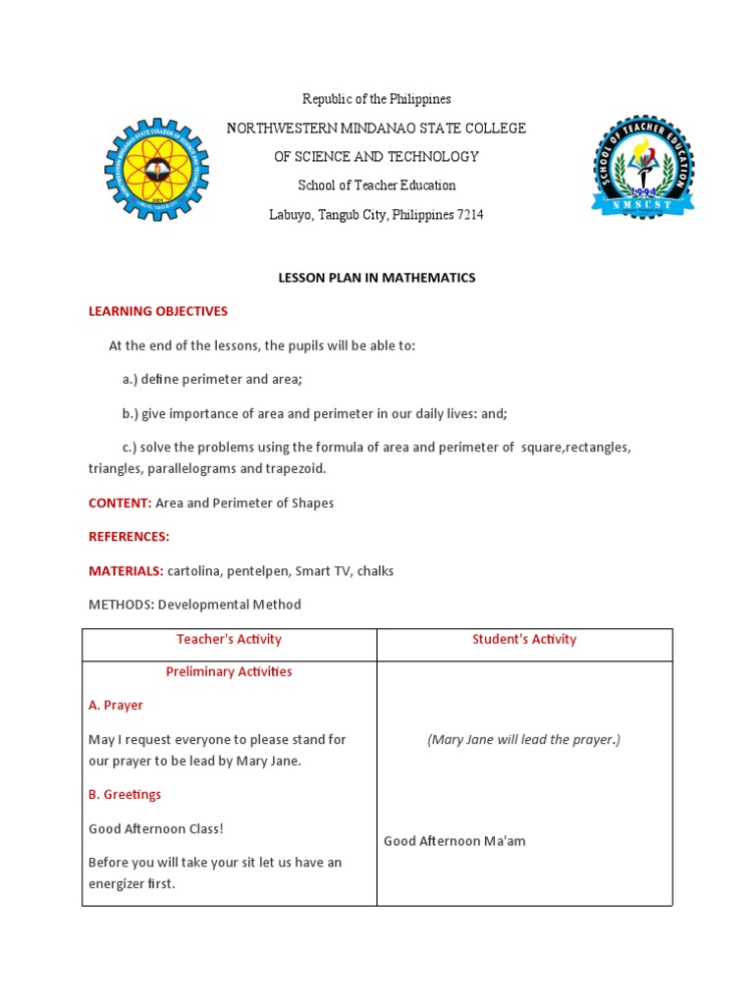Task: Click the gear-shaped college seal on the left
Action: (x=157, y=169)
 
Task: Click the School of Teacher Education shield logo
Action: (x=643, y=167)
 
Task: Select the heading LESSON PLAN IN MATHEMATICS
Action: (x=377, y=278)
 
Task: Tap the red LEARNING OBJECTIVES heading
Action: (x=158, y=311)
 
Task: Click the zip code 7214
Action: (x=470, y=214)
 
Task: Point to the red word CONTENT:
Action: (x=120, y=502)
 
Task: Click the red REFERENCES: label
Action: (x=129, y=537)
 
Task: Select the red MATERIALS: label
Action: (x=126, y=570)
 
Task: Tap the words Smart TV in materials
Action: (x=325, y=570)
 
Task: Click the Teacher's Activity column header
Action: (x=229, y=639)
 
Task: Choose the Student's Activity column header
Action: (x=524, y=639)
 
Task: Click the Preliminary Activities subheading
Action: (x=229, y=672)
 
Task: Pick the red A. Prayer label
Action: (x=116, y=706)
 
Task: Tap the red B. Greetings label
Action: (x=125, y=794)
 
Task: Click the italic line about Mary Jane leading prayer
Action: (x=524, y=740)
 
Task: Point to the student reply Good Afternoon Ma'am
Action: (x=455, y=841)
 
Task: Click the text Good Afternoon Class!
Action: (x=156, y=828)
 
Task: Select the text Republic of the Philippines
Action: (x=377, y=99)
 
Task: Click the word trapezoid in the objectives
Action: (x=296, y=468)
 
